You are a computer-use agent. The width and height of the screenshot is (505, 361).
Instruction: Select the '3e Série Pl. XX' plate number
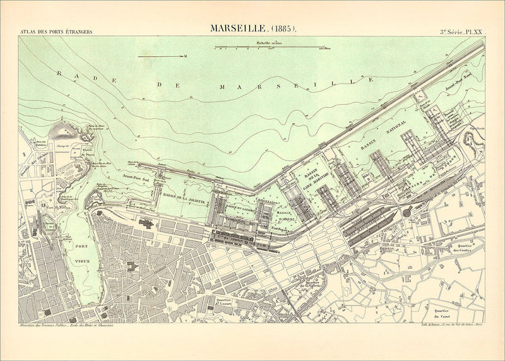[x=461, y=31]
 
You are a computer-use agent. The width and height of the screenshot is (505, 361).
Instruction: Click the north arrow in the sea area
[x=163, y=56]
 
